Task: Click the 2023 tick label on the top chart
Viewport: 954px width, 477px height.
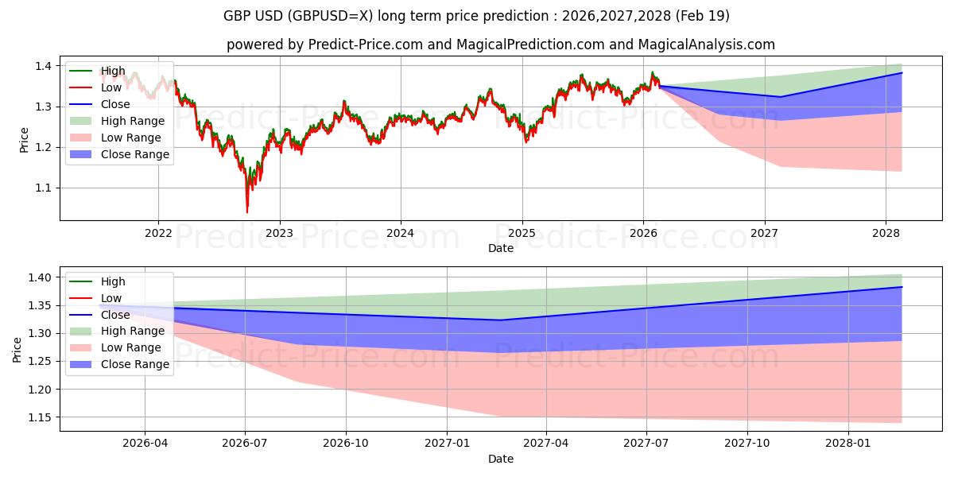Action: pos(279,234)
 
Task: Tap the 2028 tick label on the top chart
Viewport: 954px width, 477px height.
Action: pos(886,234)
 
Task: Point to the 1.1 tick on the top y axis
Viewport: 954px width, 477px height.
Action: pos(44,188)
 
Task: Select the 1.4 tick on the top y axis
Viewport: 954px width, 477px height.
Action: pos(44,66)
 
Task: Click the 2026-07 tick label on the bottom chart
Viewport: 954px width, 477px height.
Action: pos(245,444)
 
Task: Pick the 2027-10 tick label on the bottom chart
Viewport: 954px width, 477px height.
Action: pos(747,444)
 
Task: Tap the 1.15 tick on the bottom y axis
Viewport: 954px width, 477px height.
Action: pos(40,417)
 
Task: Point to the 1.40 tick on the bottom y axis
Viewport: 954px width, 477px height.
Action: pos(40,277)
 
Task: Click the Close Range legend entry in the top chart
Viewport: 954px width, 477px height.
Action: pos(119,154)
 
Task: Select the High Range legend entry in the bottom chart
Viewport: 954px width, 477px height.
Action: pos(117,331)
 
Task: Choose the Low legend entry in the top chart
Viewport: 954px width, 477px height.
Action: pos(95,87)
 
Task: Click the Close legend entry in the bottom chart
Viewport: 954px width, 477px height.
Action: pos(99,315)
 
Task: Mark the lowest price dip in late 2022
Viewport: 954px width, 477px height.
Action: pos(247,211)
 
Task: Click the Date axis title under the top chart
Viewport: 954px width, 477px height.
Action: pos(500,248)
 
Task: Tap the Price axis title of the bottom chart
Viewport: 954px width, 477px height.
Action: pos(17,350)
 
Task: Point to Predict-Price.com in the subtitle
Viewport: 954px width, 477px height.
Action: pos(365,45)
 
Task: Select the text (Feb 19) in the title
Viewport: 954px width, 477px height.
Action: pos(702,16)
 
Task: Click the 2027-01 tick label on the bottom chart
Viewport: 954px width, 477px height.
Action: pos(447,444)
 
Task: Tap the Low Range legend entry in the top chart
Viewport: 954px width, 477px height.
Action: pos(115,138)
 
